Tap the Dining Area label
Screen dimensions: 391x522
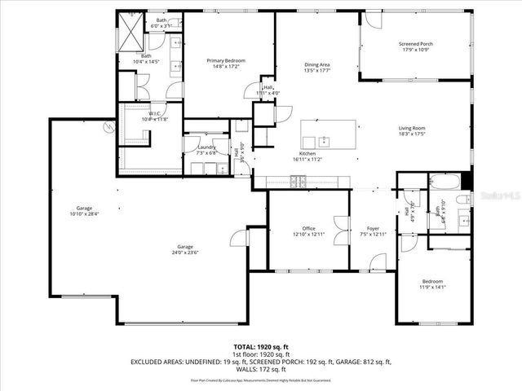317,64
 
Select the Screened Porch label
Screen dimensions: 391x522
415,44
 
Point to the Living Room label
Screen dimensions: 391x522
412,128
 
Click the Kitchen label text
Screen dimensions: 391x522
307,153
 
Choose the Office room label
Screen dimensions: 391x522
308,228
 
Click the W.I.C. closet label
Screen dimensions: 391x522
154,113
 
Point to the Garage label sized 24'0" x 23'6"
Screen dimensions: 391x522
185,247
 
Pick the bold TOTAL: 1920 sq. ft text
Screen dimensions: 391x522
261,346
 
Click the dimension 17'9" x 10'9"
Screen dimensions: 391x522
415,50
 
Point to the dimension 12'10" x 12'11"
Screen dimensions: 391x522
308,234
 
